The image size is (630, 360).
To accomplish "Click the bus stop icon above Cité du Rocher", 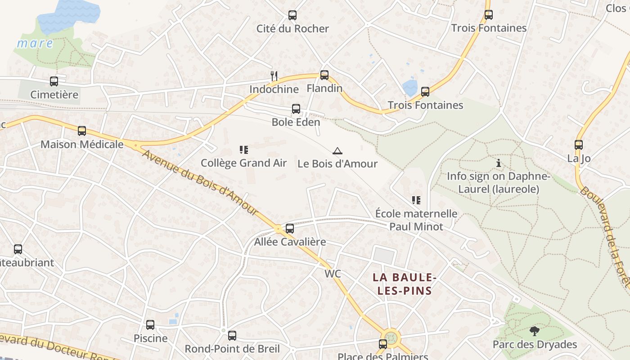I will (292, 15).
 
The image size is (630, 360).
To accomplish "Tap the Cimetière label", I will (54, 94).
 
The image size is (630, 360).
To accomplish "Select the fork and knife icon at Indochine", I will (274, 76).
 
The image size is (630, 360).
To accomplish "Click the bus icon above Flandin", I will (324, 75).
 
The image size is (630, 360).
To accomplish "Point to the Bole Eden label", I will (296, 122).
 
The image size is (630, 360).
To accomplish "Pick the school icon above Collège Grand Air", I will (243, 149).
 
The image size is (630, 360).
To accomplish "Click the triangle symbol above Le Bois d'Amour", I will (337, 151).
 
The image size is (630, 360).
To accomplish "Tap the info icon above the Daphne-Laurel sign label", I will (498, 163).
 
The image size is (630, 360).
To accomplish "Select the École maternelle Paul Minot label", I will (416, 220).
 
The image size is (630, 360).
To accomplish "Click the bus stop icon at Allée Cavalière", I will (290, 228).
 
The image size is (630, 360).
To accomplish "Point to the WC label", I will (333, 274).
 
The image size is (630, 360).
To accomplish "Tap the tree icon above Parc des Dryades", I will (535, 331).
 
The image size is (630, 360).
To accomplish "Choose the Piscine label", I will (150, 338).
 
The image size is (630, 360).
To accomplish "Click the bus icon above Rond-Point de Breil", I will (232, 335).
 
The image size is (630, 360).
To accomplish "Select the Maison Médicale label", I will (82, 144).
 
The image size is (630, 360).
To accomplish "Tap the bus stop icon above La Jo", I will (579, 145).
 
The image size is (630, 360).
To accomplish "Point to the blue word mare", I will (35, 44).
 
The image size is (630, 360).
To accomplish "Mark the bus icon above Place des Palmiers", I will (383, 344).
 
